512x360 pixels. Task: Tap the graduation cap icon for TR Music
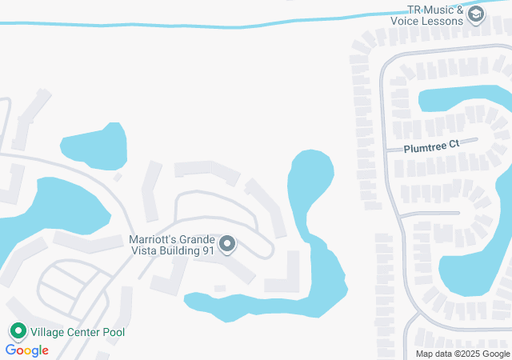(x=477, y=15)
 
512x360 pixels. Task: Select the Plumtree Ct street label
(x=430, y=146)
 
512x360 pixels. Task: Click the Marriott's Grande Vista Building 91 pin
(x=227, y=244)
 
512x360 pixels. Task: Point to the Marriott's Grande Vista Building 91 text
(x=172, y=244)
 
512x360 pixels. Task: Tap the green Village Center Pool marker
(x=18, y=331)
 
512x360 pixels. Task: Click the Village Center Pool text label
(x=78, y=331)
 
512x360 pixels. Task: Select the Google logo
(x=26, y=350)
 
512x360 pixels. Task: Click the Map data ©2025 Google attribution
(x=462, y=354)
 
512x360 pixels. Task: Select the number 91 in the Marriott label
(x=209, y=250)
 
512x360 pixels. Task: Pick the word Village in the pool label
(x=50, y=331)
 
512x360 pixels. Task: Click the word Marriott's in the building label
(x=153, y=238)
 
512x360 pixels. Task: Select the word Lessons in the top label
(x=444, y=21)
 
